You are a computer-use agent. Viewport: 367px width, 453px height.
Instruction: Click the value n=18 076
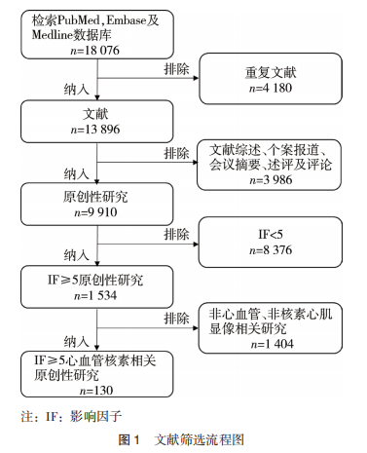click(95, 51)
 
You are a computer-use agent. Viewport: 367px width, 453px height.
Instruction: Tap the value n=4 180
click(271, 88)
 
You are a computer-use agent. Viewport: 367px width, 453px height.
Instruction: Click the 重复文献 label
click(271, 72)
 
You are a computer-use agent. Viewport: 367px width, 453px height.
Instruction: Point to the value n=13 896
click(95, 130)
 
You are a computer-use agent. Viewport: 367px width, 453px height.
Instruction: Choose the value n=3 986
click(271, 180)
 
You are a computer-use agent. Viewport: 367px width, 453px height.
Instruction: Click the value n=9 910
click(95, 212)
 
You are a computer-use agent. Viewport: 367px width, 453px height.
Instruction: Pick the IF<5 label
click(271, 234)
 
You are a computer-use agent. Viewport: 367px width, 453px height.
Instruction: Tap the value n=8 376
click(271, 250)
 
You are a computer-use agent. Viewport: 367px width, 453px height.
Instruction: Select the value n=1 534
click(95, 295)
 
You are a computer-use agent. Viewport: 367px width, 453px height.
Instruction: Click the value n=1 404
click(273, 344)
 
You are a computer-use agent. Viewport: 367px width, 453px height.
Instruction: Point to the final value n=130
click(96, 391)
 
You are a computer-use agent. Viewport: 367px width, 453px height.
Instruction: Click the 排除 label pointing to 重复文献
click(176, 69)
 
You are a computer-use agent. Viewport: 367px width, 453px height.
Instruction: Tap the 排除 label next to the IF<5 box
click(176, 234)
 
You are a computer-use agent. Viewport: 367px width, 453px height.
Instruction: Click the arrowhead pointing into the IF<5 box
click(196, 244)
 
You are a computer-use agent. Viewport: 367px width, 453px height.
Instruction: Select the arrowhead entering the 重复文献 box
click(196, 78)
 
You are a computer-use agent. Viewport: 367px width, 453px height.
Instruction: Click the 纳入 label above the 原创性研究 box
click(77, 173)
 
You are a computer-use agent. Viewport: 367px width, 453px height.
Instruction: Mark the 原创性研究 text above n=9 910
click(95, 197)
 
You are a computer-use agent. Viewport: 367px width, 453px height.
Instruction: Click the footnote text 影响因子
click(96, 416)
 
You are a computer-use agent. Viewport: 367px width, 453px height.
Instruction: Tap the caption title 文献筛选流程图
click(200, 440)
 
